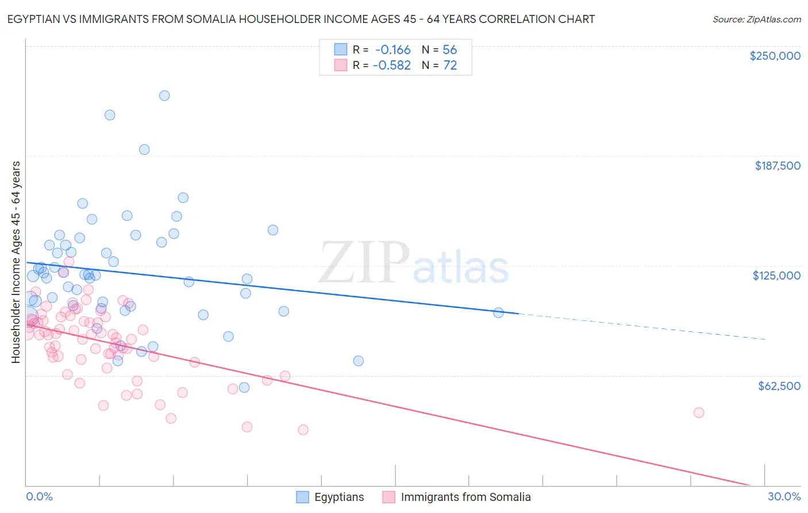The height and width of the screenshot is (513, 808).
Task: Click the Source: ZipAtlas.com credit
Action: pyautogui.click(x=756, y=19)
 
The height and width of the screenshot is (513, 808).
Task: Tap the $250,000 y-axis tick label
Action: pyautogui.click(x=775, y=56)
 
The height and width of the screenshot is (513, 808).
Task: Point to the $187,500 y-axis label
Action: pyautogui.click(x=777, y=166)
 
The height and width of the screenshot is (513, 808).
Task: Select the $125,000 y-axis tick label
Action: pyautogui.click(x=776, y=275)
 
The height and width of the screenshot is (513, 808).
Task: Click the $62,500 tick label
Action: pyautogui.click(x=779, y=386)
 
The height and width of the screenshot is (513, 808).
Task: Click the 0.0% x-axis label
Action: pyautogui.click(x=39, y=496)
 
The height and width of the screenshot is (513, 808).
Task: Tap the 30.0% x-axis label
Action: pyautogui.click(x=784, y=496)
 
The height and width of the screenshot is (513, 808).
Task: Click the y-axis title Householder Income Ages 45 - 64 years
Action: pyautogui.click(x=16, y=262)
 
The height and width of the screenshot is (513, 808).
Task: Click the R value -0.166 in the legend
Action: pyautogui.click(x=393, y=49)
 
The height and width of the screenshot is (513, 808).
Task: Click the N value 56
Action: pyautogui.click(x=449, y=49)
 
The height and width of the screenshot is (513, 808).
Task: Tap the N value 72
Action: pyautogui.click(x=449, y=66)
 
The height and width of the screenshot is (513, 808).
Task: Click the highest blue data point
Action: pyautogui.click(x=164, y=95)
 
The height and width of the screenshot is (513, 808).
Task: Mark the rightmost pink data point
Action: pyautogui.click(x=699, y=412)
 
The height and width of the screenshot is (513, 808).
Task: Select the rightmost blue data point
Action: pyautogui.click(x=498, y=312)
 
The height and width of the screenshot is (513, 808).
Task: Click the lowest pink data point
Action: pyautogui.click(x=303, y=430)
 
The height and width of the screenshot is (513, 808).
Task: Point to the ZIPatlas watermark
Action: pyautogui.click(x=414, y=263)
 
